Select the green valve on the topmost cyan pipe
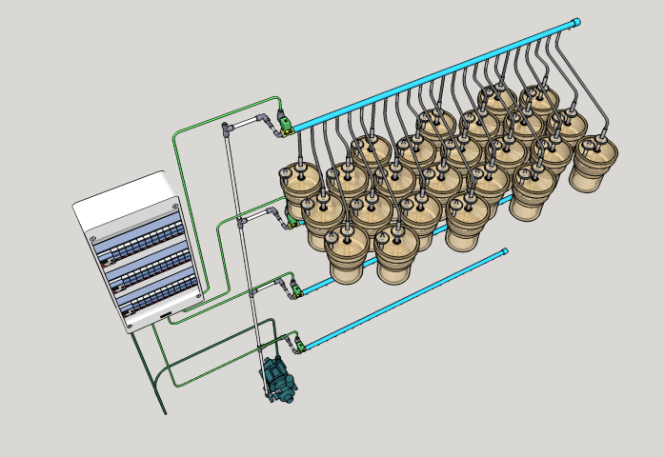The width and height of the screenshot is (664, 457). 283,123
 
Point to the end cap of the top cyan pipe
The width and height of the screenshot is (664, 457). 576,22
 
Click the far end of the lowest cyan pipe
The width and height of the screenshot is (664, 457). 504,251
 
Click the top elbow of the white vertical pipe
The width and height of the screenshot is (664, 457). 227,128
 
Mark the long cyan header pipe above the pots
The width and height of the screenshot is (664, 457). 429,76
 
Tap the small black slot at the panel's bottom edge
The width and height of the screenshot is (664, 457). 166,313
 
